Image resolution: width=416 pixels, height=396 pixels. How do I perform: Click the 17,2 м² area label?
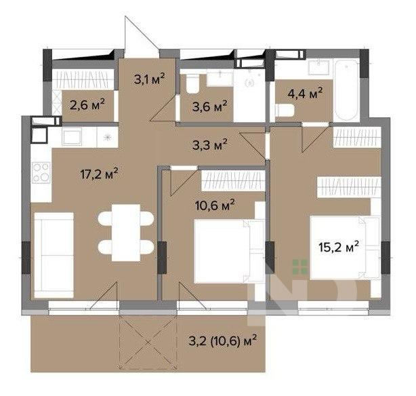tap(99, 174)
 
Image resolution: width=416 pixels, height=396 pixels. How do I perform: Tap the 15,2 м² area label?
tap(339, 247)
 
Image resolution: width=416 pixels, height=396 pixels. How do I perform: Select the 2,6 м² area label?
tap(87, 105)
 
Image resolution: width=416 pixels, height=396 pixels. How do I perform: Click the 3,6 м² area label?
tap(209, 106)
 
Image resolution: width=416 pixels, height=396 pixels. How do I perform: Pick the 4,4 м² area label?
tap(305, 94)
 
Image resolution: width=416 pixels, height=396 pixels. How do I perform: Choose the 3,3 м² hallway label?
tap(209, 144)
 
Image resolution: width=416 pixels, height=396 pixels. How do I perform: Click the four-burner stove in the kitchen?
tap(41, 173)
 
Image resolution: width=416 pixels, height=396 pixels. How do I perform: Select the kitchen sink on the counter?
tap(72, 136)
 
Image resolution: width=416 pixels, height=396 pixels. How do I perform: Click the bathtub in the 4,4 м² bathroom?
tap(348, 90)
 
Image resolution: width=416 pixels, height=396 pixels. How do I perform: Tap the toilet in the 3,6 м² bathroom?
tap(193, 83)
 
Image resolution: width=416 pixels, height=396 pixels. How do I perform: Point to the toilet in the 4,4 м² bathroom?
tap(285, 111)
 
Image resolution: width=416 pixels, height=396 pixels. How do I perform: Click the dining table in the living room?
tap(126, 233)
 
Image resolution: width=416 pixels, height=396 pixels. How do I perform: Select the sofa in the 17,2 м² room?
tap(54, 255)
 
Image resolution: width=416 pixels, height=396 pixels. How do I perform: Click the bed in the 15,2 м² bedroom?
tap(346, 248)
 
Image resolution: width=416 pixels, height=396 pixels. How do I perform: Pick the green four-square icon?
tap(300, 267)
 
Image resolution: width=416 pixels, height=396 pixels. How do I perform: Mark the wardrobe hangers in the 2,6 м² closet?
tap(83, 81)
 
